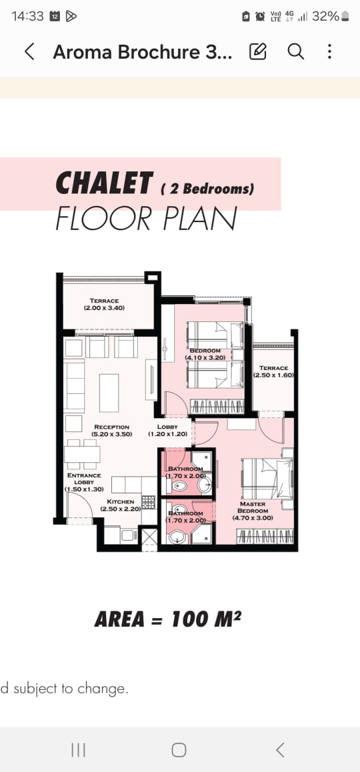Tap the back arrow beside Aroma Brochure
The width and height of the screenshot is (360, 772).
click(x=29, y=51)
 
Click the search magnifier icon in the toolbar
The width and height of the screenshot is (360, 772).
click(x=295, y=51)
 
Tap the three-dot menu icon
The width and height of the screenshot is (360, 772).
click(x=329, y=51)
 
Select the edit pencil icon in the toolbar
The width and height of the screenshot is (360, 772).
click(x=258, y=51)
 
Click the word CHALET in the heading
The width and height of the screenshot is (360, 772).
click(x=104, y=183)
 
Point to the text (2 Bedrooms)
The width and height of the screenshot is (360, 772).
click(x=207, y=189)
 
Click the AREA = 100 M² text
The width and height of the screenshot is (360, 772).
click(x=168, y=619)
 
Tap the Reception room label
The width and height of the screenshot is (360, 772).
click(x=112, y=430)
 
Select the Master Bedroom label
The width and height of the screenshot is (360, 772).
click(x=253, y=511)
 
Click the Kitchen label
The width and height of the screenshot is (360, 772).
click(x=121, y=505)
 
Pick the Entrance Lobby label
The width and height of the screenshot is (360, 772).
click(x=84, y=483)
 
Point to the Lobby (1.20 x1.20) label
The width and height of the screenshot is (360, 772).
click(x=167, y=430)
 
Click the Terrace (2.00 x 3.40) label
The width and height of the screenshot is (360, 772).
click(x=104, y=304)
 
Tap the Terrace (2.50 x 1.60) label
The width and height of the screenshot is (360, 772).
click(x=274, y=371)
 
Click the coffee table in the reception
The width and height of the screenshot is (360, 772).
click(x=109, y=393)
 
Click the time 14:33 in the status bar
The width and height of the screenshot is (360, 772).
click(x=27, y=16)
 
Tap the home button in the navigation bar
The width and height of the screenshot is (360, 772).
click(x=179, y=750)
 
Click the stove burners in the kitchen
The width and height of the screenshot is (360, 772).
click(x=148, y=502)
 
